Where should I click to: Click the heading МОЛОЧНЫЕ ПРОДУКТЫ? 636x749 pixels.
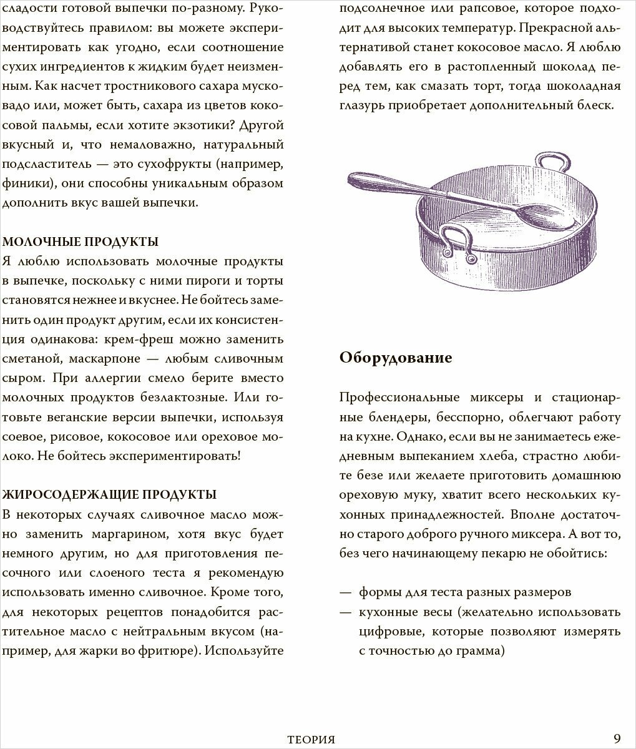(81, 242)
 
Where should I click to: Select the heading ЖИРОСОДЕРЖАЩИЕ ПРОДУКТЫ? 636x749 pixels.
(110, 495)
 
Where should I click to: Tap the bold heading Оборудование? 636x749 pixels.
(396, 358)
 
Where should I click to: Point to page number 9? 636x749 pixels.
(617, 739)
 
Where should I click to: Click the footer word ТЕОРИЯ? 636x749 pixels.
(311, 740)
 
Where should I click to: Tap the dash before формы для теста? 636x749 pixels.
(345, 592)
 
